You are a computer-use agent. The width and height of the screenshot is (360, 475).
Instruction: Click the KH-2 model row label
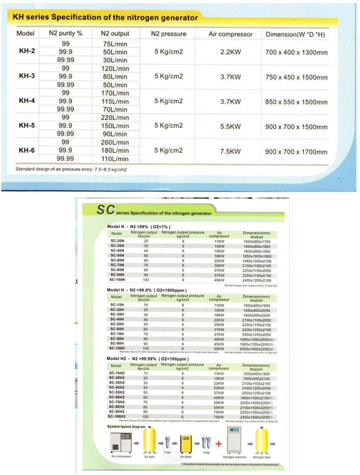point(27,51)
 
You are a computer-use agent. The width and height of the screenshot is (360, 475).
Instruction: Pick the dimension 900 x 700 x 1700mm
point(296,152)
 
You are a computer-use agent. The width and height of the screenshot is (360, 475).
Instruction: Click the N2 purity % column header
point(65,33)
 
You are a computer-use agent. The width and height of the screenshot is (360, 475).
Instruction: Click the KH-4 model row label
point(27,101)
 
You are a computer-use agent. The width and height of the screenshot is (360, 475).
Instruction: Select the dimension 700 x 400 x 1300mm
point(296,52)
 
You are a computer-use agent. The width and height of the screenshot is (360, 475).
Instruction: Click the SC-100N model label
point(118,280)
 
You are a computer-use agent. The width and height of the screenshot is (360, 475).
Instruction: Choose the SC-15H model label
point(117,305)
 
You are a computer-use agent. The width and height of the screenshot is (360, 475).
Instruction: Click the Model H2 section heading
point(148,359)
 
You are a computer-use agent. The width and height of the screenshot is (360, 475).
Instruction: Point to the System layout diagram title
point(127,427)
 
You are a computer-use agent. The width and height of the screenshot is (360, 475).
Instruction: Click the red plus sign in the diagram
point(218,444)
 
